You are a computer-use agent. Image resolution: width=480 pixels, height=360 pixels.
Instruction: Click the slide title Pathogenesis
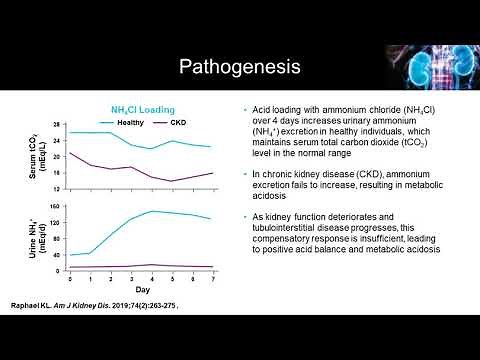(239, 68)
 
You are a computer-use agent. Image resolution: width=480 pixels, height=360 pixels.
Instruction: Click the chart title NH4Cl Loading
(142, 109)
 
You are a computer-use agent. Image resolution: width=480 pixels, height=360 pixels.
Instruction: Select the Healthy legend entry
(130, 121)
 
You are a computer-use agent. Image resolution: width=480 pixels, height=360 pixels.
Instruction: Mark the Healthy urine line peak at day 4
(150, 211)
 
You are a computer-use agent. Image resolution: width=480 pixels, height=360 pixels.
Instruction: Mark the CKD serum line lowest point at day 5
(170, 181)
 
